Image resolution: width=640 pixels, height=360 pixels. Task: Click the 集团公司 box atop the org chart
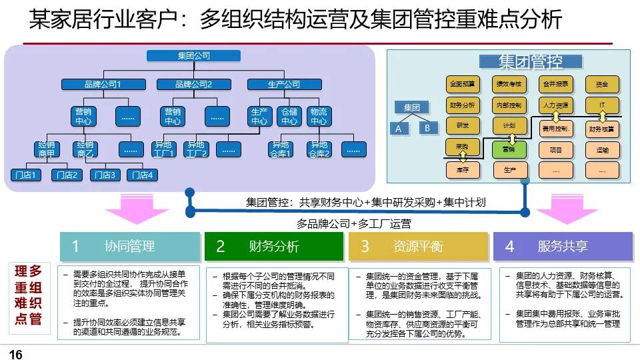point(193,56)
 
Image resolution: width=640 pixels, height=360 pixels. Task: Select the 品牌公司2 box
point(193,85)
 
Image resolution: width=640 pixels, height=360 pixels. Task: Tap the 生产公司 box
point(283,85)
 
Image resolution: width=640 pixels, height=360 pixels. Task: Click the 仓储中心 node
point(289,117)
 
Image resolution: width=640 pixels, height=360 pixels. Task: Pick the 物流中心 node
point(319,117)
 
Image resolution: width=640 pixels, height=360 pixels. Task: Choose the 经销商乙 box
point(85,149)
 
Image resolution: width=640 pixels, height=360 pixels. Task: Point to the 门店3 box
point(105,175)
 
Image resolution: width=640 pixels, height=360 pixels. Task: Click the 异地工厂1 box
point(163,149)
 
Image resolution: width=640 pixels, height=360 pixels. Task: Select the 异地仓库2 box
point(319,149)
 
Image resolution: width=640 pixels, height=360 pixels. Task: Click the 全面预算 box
point(463,85)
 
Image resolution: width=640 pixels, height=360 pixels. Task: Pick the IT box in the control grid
point(602,105)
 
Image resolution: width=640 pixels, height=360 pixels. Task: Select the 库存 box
point(463,170)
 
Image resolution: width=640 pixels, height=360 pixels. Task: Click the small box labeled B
point(427,128)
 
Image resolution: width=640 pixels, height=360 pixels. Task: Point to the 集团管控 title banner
point(531,62)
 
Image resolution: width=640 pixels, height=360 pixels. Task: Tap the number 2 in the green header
point(221,246)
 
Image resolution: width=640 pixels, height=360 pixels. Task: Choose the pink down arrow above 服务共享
point(561,211)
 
